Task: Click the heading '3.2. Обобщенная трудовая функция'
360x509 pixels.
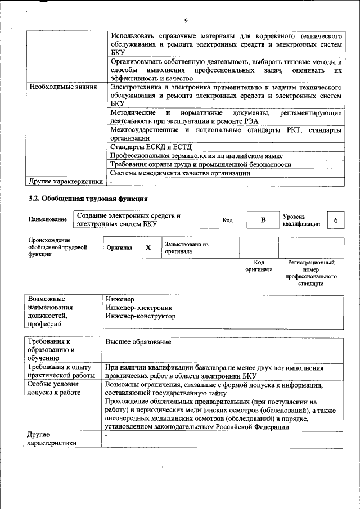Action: pos(88,199)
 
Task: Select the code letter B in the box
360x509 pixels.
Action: pos(263,220)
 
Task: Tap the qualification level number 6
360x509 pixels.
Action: pos(335,220)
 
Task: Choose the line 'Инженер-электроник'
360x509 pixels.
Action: pos(138,308)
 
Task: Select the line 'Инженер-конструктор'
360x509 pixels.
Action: pos(140,316)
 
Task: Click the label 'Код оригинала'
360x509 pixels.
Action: pos(259,265)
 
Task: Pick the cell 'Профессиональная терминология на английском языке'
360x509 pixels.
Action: pos(196,156)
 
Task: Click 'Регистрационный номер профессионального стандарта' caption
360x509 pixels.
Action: pos(311,273)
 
